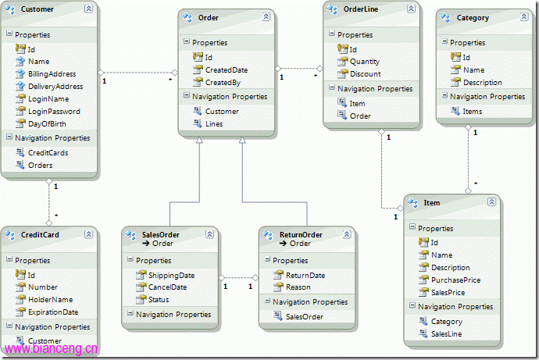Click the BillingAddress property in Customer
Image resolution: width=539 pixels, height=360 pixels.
click(x=52, y=74)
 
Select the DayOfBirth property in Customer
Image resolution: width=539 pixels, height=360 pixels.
click(x=47, y=124)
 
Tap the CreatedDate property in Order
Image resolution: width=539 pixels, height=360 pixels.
click(x=227, y=70)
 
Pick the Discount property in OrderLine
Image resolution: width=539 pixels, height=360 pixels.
click(x=366, y=74)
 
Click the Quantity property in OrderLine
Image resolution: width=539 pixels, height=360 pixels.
click(x=365, y=62)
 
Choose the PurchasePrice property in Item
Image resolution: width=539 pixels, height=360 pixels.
click(x=456, y=280)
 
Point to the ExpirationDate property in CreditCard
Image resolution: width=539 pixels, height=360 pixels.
click(x=53, y=312)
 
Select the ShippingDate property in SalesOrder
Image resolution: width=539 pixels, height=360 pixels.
click(x=172, y=276)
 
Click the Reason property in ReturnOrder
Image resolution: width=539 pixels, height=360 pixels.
click(x=298, y=287)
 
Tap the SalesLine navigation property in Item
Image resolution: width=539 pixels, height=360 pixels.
click(x=447, y=333)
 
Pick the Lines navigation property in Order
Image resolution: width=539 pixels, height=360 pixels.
click(x=214, y=124)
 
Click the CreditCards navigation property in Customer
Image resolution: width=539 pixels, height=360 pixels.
click(x=48, y=153)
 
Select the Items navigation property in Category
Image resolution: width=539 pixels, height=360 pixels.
click(x=473, y=112)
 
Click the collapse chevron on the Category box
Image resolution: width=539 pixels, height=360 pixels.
click(x=524, y=17)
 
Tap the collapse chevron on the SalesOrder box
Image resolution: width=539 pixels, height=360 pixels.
click(x=209, y=234)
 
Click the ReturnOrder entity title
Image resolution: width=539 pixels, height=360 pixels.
click(x=301, y=235)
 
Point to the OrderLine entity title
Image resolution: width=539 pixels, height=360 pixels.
click(x=361, y=9)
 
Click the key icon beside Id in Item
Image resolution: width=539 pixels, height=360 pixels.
click(x=423, y=243)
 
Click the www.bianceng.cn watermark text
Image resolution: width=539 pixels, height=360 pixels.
click(x=52, y=349)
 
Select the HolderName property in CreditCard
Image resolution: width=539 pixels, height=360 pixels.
click(x=51, y=300)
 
